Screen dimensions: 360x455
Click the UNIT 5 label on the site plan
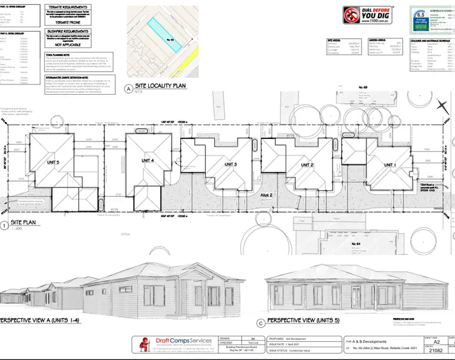53,162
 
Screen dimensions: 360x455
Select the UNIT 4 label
147,160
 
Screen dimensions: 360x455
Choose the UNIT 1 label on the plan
389,165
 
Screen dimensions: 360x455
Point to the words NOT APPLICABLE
68,44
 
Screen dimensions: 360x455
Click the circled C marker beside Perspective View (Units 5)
261,323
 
